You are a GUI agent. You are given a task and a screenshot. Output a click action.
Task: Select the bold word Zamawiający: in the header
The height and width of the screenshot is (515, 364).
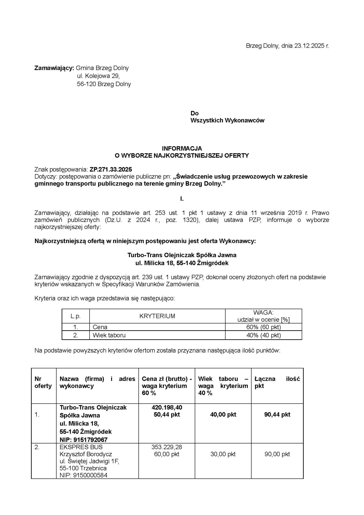click(x=54, y=68)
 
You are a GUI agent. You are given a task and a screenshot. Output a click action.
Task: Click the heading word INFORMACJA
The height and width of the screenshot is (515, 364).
click(x=182, y=149)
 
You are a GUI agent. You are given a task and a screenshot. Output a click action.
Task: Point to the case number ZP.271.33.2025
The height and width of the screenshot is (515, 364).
click(x=111, y=169)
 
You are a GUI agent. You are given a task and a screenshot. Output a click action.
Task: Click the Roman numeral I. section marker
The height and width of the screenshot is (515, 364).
click(x=182, y=199)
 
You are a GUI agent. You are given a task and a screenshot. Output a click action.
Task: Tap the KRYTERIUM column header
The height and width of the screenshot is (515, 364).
click(x=157, y=316)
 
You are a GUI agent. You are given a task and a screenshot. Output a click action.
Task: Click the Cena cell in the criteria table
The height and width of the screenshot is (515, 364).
click(x=100, y=327)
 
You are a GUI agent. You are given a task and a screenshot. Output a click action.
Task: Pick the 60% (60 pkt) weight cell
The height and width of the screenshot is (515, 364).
click(x=263, y=327)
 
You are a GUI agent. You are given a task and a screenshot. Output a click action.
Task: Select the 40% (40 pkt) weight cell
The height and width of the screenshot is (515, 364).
click(x=263, y=335)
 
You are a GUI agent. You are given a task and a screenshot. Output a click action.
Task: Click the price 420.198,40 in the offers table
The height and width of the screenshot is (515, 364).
click(x=167, y=407)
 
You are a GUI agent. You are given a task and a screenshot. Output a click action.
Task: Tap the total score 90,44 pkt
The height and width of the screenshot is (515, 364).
click(x=277, y=414)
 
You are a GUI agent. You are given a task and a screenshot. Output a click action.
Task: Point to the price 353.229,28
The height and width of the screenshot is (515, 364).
click(x=167, y=447)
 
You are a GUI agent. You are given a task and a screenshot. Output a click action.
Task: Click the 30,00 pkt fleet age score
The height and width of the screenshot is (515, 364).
click(x=223, y=454)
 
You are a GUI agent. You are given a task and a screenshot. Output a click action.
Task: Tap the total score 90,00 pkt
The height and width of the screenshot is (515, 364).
click(x=277, y=454)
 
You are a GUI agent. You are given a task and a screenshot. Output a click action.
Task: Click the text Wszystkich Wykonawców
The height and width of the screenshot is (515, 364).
click(x=227, y=120)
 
